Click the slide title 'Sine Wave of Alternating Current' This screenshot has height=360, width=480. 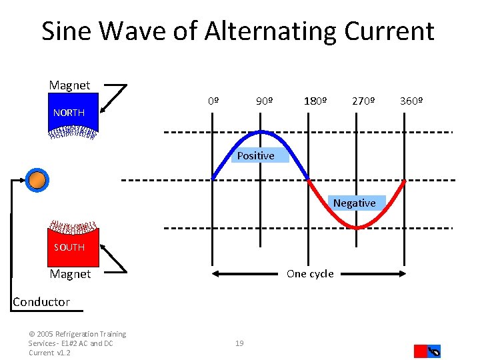(238, 31)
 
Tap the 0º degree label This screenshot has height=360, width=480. (213, 101)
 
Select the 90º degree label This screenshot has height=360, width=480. (264, 101)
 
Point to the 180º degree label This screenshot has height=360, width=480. (315, 101)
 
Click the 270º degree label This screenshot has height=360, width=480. (363, 101)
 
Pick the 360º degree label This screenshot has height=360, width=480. (411, 101)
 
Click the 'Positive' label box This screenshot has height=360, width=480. (255, 155)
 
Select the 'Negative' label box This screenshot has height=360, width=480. (354, 203)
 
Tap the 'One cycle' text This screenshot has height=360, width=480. (309, 273)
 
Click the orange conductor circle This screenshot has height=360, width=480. (38, 179)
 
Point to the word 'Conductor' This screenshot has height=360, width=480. (41, 301)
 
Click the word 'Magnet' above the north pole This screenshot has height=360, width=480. (69, 85)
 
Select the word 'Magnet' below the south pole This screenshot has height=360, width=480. (70, 274)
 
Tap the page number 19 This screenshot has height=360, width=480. (239, 343)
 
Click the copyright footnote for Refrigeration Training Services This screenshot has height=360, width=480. (77, 343)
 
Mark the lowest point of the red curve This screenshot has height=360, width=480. (358, 228)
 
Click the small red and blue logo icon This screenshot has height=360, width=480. (427, 351)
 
